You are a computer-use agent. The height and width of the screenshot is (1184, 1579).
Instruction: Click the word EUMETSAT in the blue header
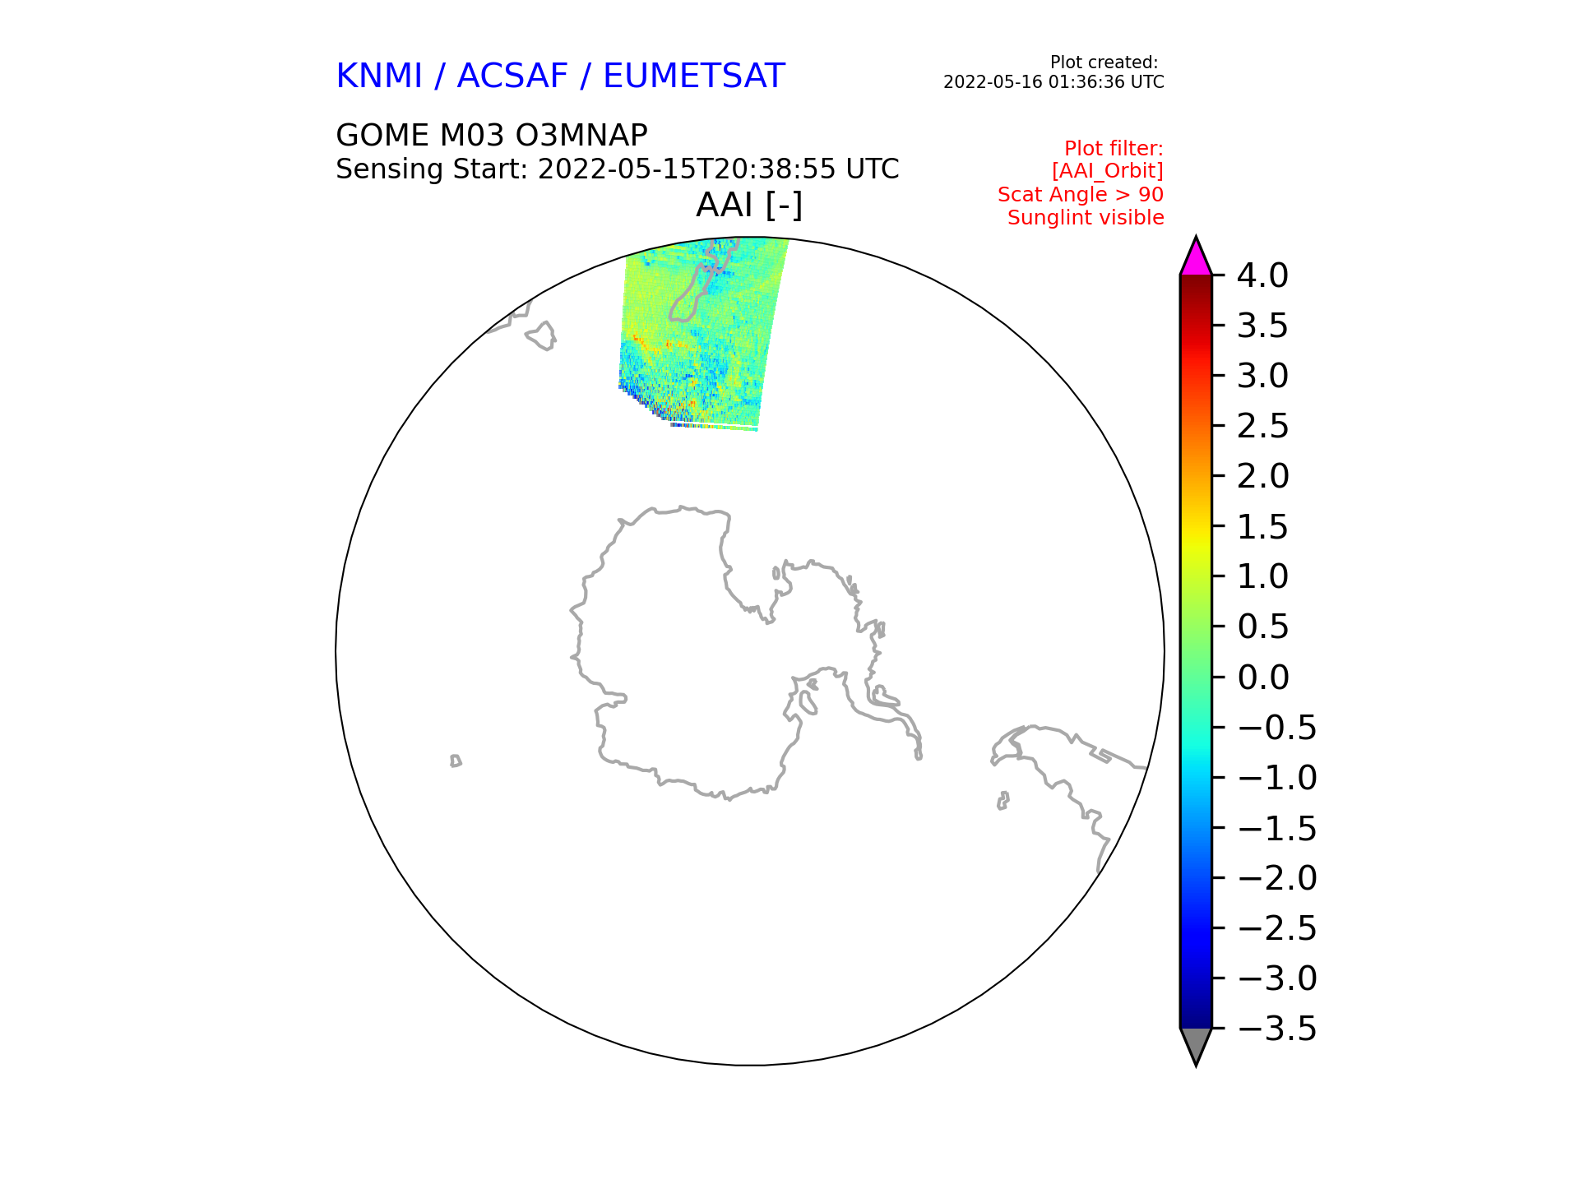(x=694, y=76)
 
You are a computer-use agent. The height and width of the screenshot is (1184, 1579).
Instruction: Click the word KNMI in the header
(x=379, y=76)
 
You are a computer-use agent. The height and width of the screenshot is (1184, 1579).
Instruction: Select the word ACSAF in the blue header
(x=512, y=76)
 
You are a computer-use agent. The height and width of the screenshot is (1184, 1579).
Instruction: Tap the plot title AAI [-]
(x=749, y=206)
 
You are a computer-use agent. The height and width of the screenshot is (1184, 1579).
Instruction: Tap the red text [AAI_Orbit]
(x=1107, y=171)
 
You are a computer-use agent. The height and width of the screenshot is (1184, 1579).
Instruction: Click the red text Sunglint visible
(x=1086, y=218)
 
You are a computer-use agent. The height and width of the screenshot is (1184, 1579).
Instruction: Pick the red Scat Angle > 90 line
(x=1081, y=195)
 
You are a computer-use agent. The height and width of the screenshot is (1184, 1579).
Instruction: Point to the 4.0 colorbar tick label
(x=1262, y=275)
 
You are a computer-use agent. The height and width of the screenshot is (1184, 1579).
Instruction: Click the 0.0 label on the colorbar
(x=1262, y=678)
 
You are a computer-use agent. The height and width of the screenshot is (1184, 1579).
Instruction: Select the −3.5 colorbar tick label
(x=1276, y=1029)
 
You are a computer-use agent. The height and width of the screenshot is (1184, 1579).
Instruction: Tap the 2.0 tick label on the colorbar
(x=1262, y=476)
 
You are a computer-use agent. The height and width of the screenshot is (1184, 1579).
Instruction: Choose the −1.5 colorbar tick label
(x=1276, y=828)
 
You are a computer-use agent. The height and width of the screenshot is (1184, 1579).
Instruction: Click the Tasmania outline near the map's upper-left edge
(x=541, y=335)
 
